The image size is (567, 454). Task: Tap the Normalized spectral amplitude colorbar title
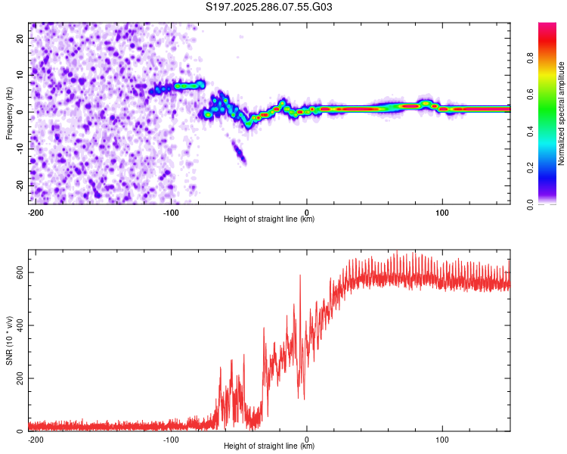point(561,113)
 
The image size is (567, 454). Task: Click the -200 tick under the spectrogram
point(35,211)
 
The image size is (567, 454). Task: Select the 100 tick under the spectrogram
point(442,211)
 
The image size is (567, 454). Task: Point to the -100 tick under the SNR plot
point(171,438)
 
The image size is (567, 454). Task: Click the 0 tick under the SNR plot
point(307,438)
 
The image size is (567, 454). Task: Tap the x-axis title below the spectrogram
point(269,219)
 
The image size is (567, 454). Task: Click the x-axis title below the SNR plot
point(269,446)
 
